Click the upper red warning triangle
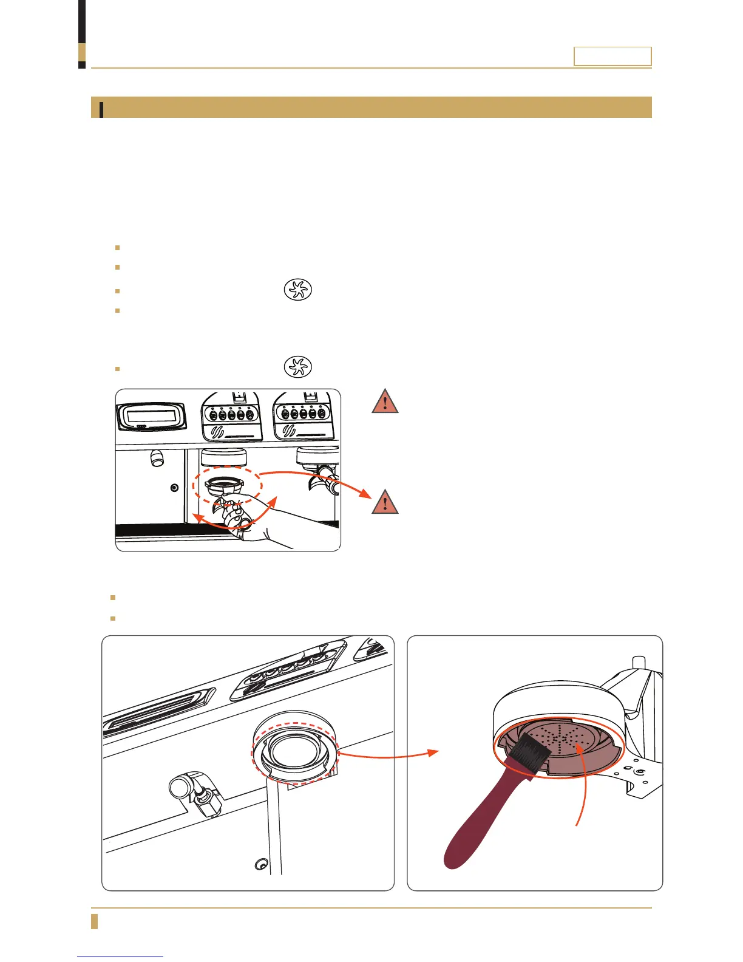tap(385, 403)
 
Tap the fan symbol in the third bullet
tap(297, 290)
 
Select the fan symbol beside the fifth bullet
tap(297, 367)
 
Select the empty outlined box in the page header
tap(612, 56)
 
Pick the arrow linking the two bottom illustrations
tap(388, 755)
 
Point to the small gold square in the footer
tap(94, 921)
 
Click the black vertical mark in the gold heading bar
tap(101, 109)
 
